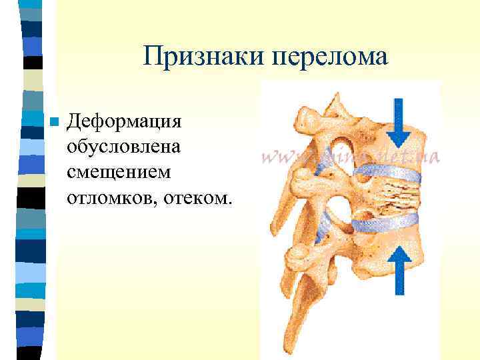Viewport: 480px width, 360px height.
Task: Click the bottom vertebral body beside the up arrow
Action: tap(373, 257)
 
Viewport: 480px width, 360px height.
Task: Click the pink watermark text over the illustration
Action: tap(350, 157)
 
